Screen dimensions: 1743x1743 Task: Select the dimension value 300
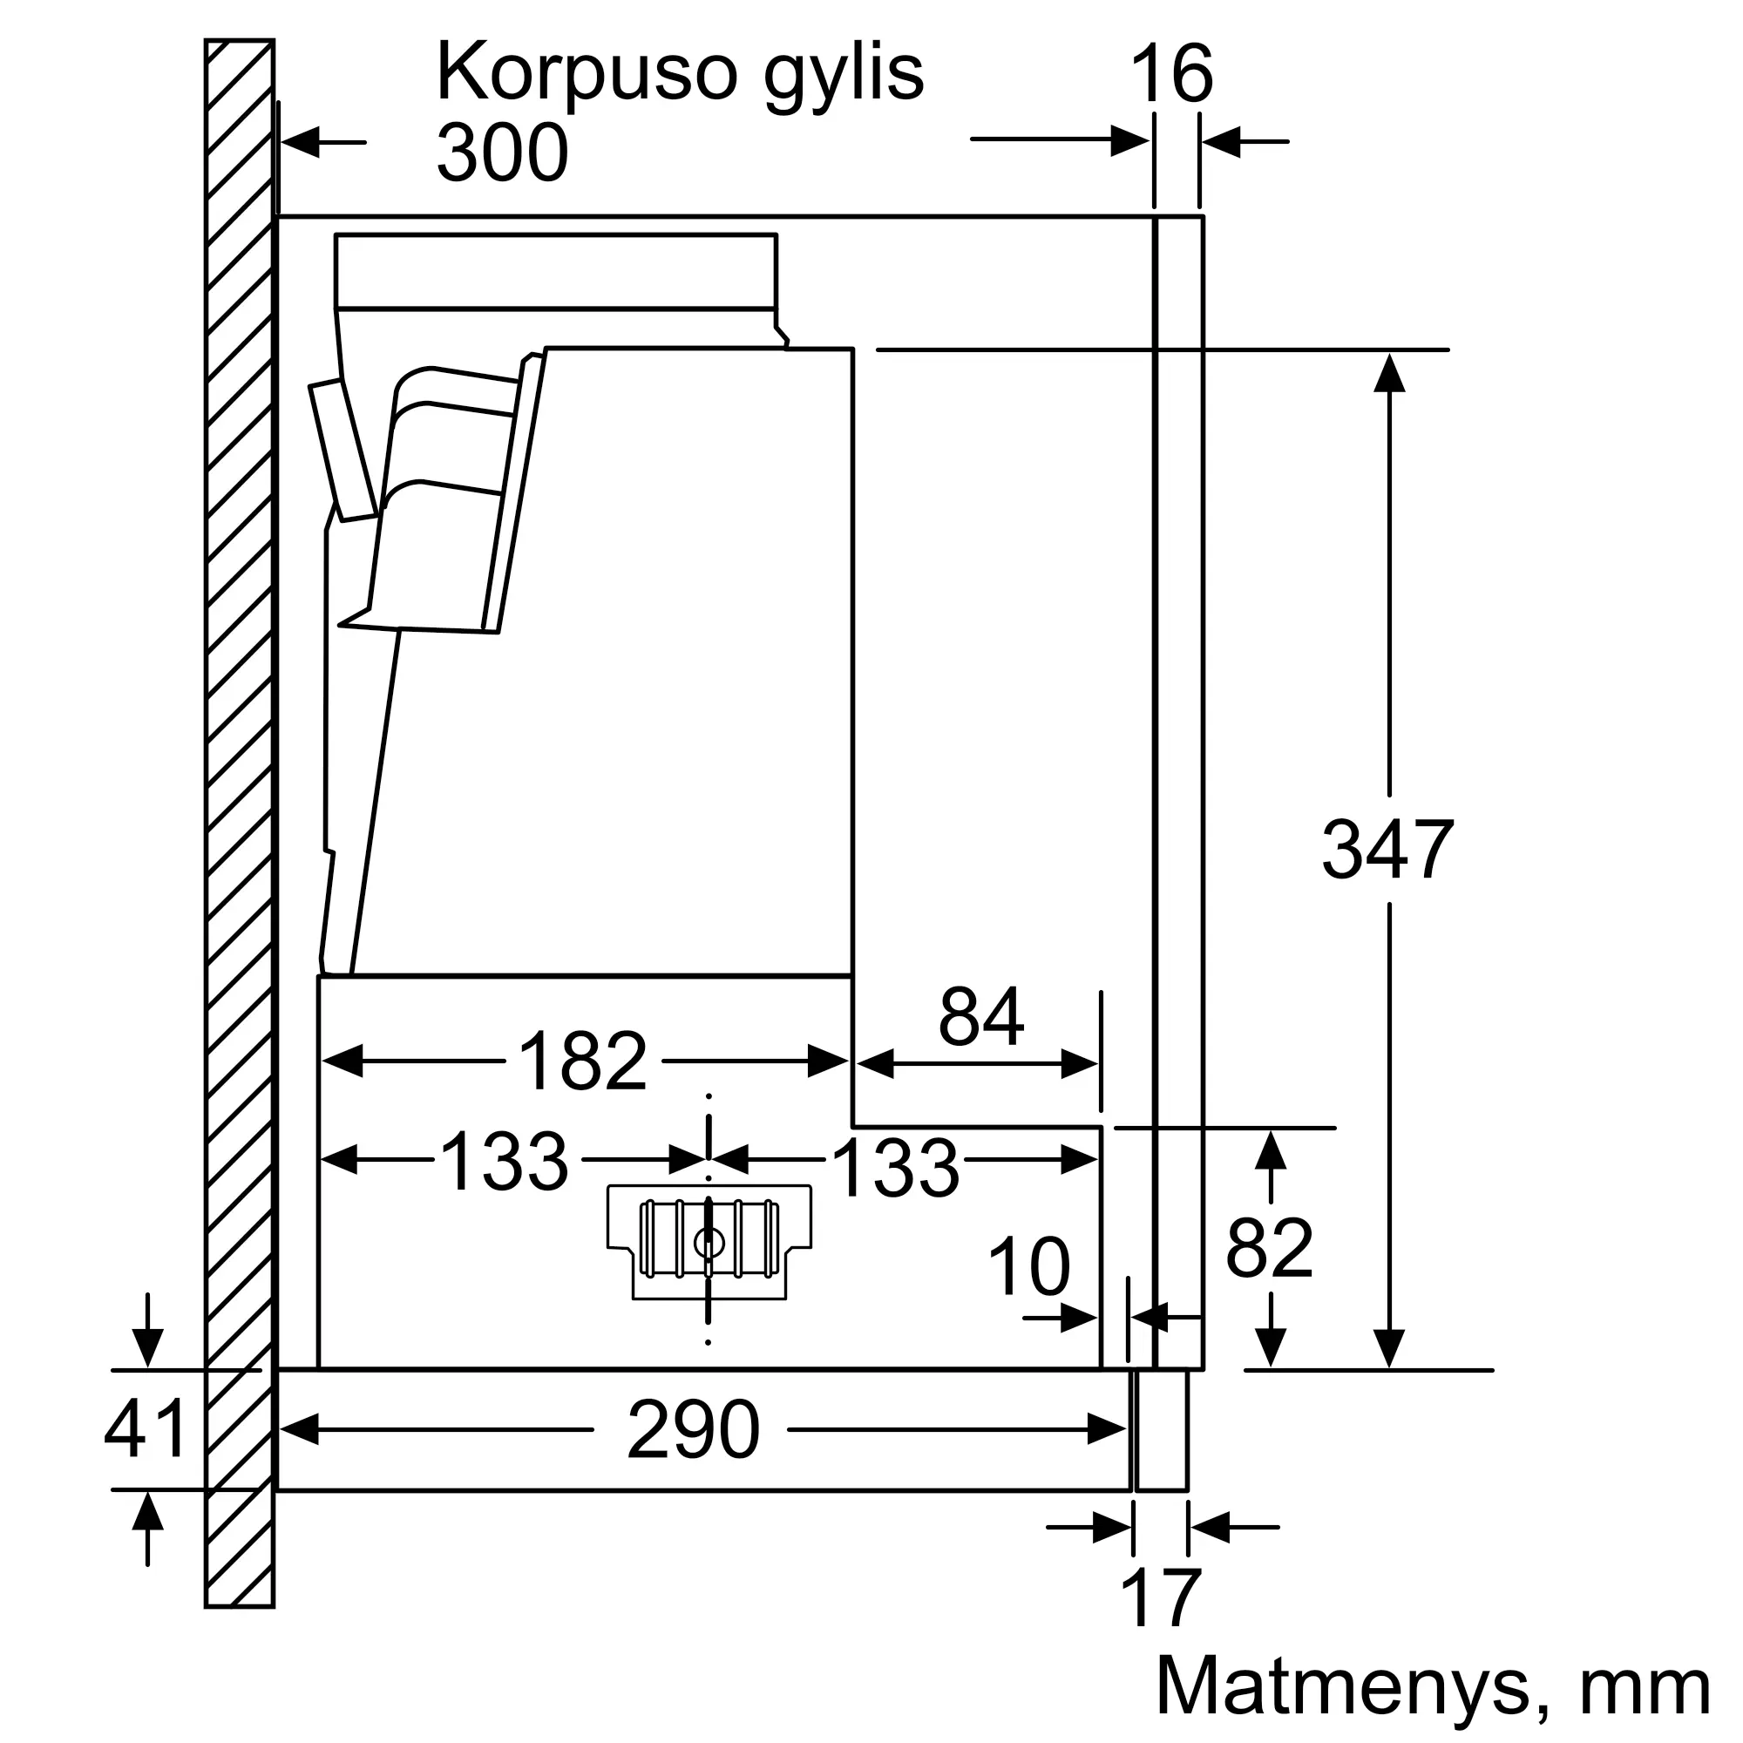tap(503, 153)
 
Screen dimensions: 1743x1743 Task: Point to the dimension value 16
tap(1171, 75)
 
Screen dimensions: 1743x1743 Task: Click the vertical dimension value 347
tap(1387, 849)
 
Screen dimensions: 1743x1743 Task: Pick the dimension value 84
tap(980, 1017)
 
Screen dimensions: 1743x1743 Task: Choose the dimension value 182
tap(583, 1061)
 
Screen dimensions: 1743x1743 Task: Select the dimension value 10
tap(1029, 1266)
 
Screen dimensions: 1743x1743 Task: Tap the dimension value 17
tap(1160, 1597)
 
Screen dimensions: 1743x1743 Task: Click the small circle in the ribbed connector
tap(709, 1245)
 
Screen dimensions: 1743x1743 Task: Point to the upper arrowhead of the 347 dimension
tap(1389, 372)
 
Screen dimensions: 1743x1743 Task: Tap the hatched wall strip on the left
tap(240, 824)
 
